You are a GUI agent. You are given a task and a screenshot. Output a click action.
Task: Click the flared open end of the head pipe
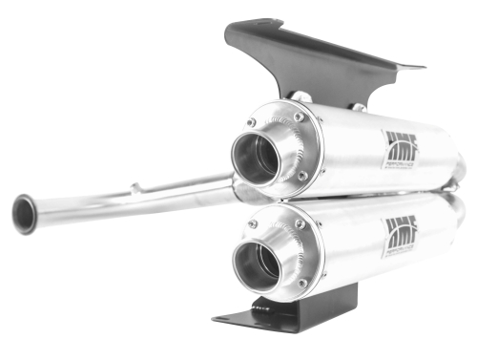[x=24, y=214]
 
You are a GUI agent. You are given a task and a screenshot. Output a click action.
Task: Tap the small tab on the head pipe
[x=136, y=187]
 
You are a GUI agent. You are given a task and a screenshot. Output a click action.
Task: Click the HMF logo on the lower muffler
[x=400, y=231]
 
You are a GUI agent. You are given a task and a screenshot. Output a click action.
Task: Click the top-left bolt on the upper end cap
[x=251, y=122]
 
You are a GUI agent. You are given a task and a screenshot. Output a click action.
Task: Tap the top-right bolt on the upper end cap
[x=299, y=116]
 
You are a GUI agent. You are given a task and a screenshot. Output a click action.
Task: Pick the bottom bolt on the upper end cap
[x=302, y=176]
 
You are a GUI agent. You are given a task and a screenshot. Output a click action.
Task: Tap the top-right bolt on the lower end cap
[x=299, y=223]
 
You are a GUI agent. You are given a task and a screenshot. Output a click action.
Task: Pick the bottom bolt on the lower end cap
[x=302, y=283]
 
